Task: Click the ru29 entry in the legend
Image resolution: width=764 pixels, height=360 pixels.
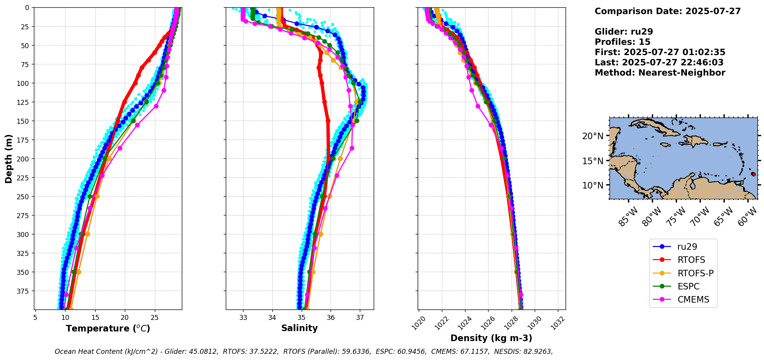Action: (x=687, y=247)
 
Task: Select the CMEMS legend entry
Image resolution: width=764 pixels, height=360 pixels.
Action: (x=693, y=299)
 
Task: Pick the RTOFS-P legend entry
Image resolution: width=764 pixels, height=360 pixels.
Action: (x=695, y=273)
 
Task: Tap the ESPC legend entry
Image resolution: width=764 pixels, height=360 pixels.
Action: (x=688, y=286)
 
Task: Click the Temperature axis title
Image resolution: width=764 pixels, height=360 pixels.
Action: (x=108, y=329)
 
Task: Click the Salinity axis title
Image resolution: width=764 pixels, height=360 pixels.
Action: (x=299, y=328)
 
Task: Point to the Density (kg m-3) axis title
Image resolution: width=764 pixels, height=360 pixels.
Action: (x=491, y=338)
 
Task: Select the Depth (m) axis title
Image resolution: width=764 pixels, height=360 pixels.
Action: (x=9, y=158)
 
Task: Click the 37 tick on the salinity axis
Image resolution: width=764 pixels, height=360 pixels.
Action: (x=360, y=318)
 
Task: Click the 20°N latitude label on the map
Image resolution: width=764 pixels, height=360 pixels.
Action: (x=593, y=136)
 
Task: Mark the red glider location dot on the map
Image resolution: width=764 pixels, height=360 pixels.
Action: (x=753, y=174)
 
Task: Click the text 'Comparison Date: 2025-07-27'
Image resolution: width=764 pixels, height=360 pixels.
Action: (x=667, y=11)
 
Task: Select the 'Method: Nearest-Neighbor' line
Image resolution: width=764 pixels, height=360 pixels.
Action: (x=660, y=73)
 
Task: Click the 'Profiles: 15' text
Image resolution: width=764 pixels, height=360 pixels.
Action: (x=622, y=42)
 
